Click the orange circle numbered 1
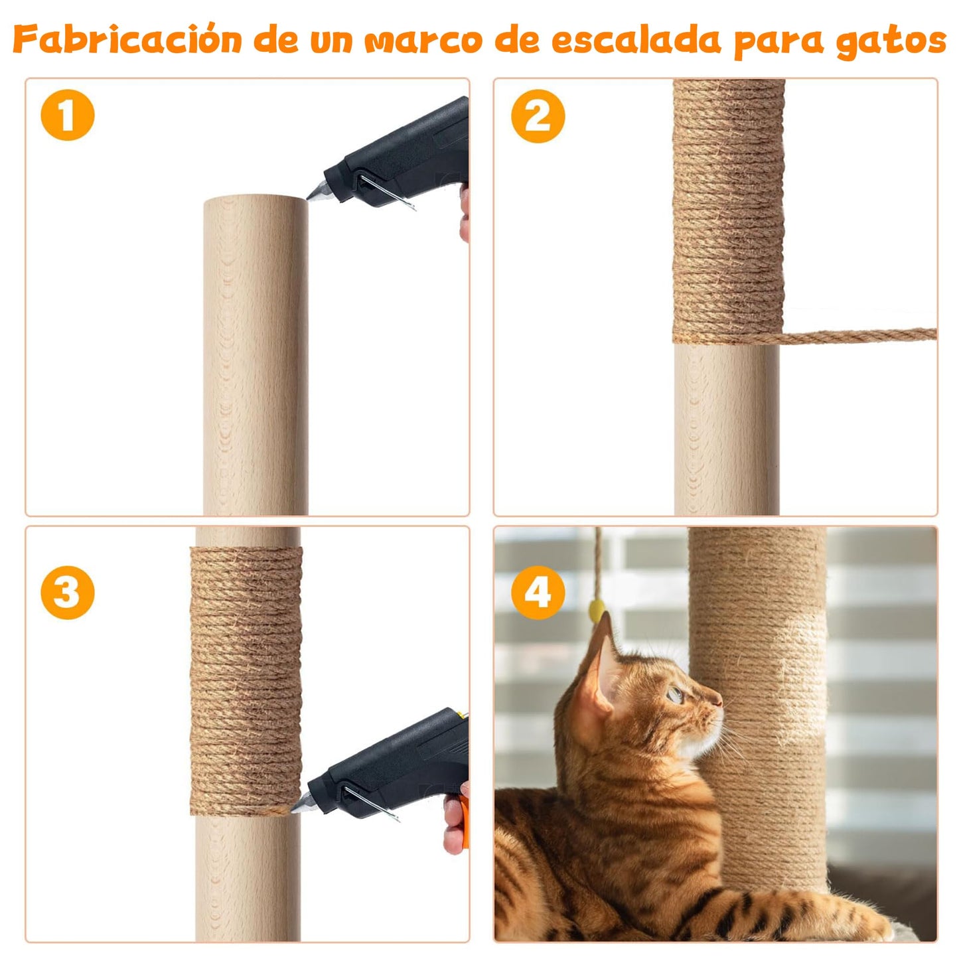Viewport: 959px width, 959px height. pos(68,115)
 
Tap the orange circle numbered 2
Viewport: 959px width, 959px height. pos(538,116)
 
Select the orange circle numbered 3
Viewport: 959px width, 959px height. pos(68,592)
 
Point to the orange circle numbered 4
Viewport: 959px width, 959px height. pos(538,592)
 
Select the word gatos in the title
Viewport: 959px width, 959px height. pos(891,41)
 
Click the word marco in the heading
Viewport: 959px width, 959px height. pos(424,41)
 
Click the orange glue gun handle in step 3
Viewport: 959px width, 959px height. pos(462,820)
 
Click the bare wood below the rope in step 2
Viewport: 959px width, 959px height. pos(727,431)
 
